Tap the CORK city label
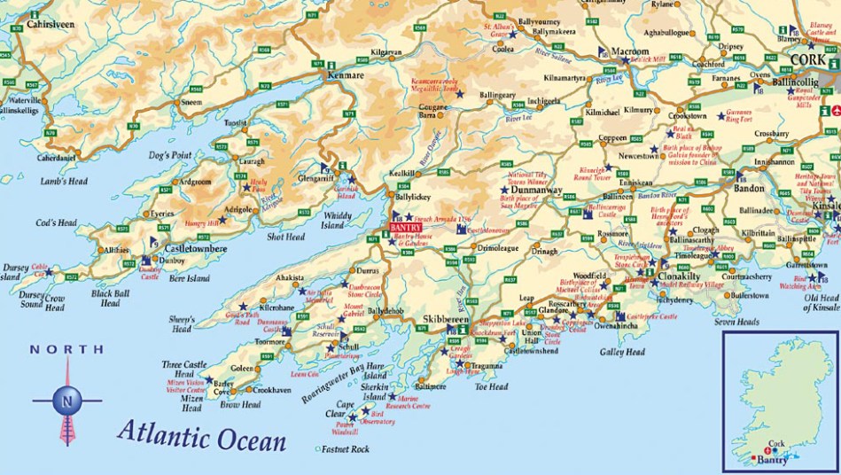(806, 59)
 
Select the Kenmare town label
(346, 76)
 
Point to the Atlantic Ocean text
(202, 436)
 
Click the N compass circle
(67, 401)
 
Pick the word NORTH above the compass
(66, 349)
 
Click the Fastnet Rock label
(347, 449)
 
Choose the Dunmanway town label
(543, 189)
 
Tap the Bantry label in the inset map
(774, 460)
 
